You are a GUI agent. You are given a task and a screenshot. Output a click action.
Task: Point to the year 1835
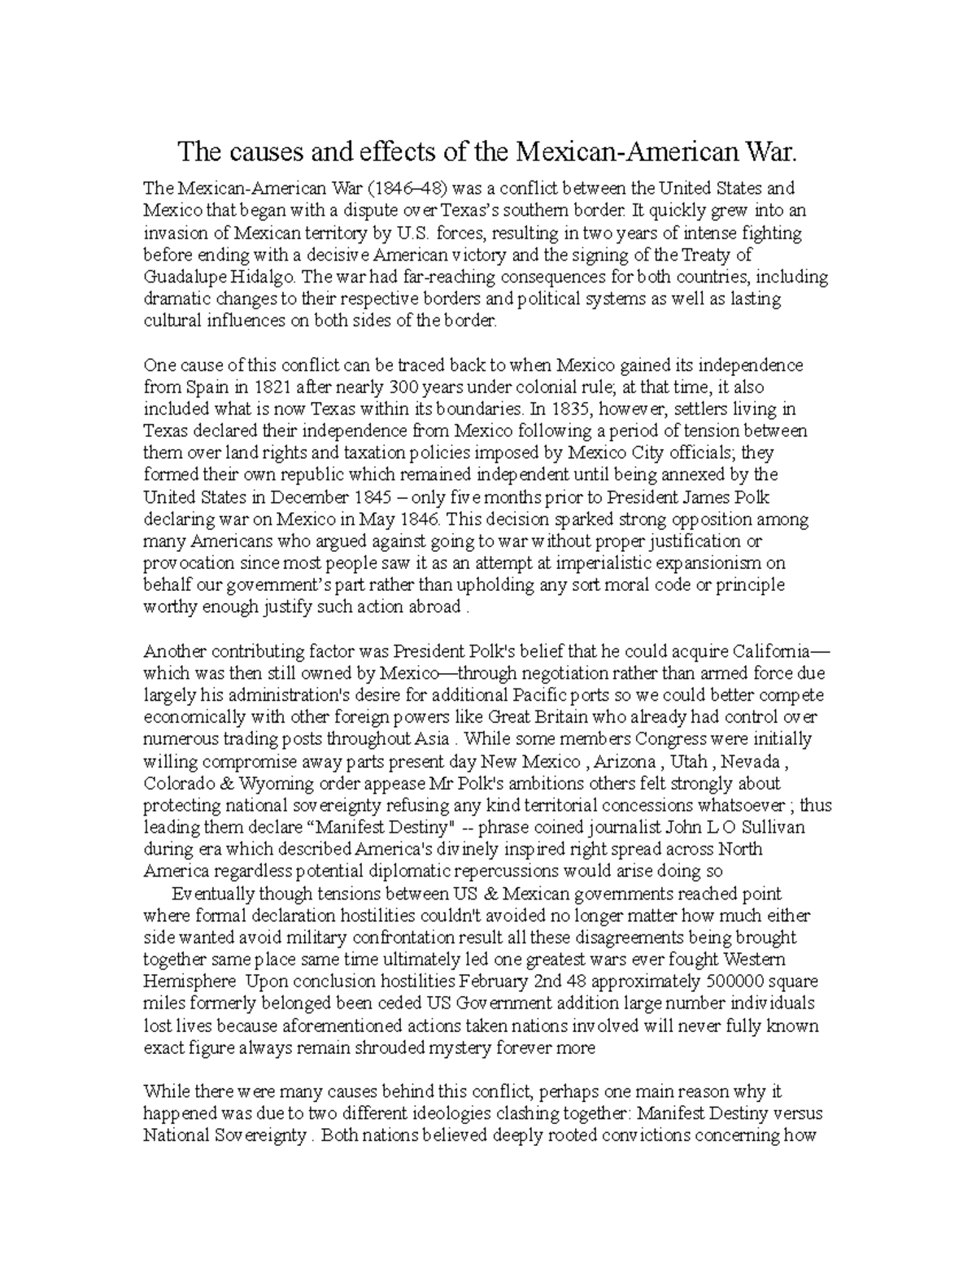point(570,409)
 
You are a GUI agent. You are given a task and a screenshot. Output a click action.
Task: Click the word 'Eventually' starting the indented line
point(215,894)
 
